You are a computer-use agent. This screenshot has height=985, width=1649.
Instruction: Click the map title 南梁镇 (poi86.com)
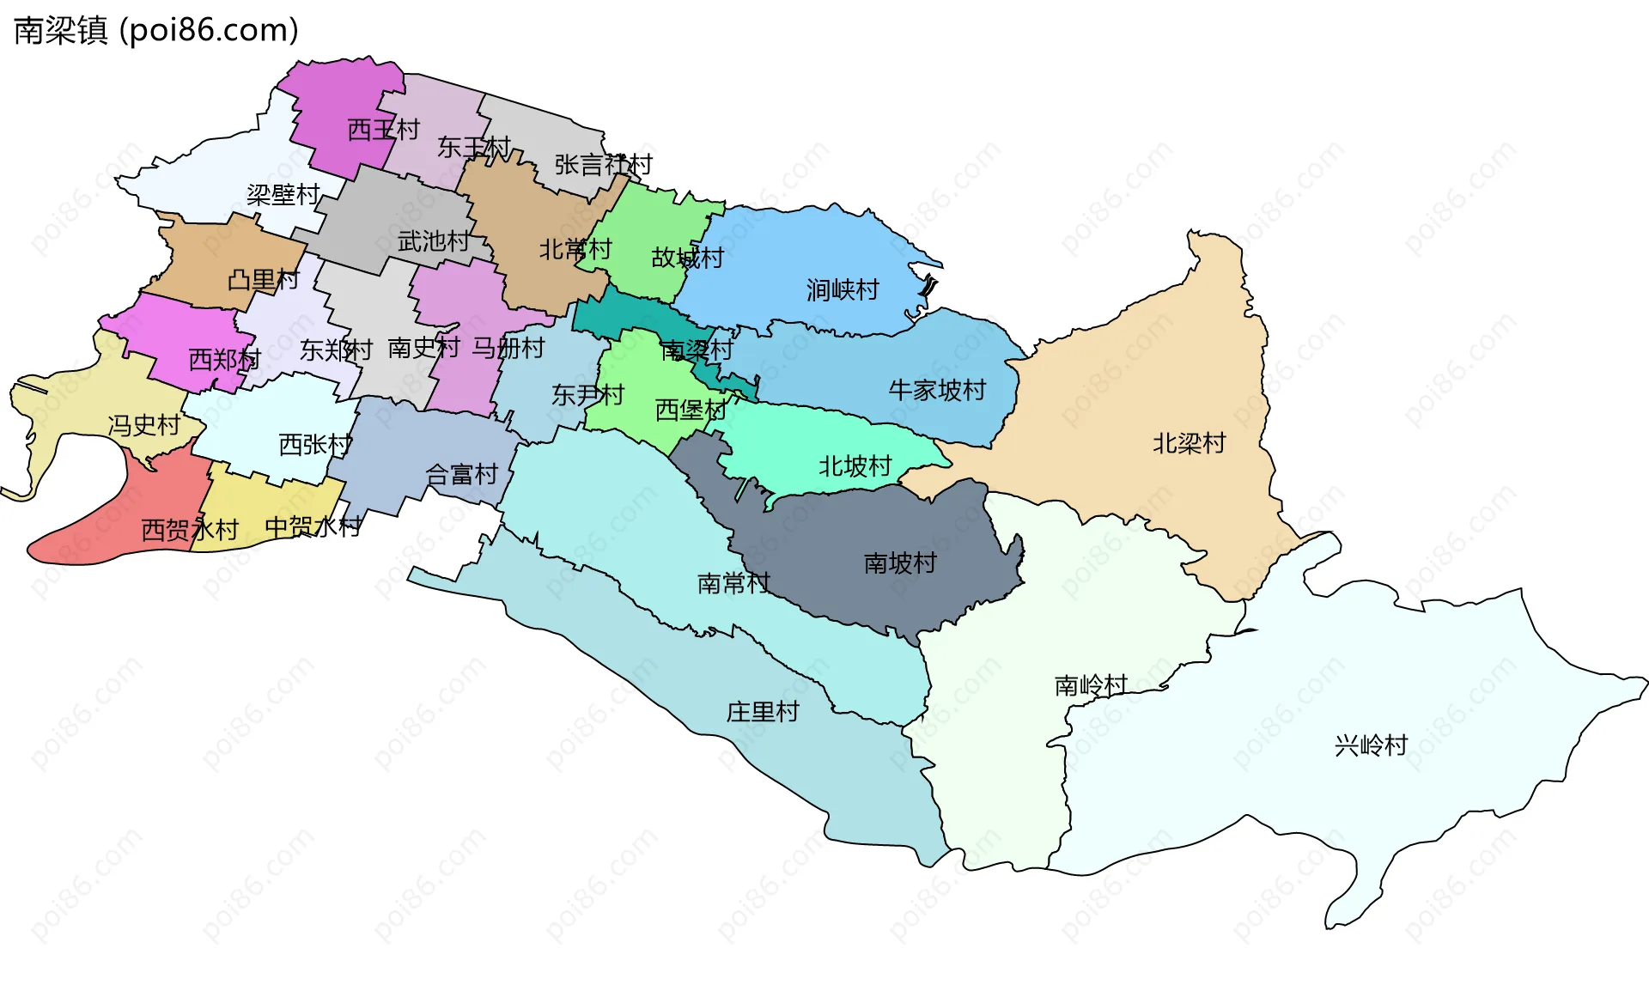[156, 31]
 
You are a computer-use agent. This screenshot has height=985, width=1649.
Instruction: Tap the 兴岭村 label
[1371, 745]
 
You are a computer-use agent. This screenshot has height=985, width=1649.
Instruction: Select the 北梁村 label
[1189, 444]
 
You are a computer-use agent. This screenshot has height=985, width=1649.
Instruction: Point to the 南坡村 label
[899, 563]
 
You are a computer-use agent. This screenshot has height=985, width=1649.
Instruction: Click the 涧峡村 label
[843, 290]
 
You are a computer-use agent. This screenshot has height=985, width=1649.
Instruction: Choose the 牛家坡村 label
[937, 391]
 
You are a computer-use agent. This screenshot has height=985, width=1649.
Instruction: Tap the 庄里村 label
[763, 712]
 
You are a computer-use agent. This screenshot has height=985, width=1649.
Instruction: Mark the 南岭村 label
[1091, 686]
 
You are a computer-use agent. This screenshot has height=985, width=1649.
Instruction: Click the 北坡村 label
[855, 466]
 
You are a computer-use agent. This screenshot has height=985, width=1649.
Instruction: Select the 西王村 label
[383, 130]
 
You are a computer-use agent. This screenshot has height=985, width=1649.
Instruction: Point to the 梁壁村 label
[283, 195]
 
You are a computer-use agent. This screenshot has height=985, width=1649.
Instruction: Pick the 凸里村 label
[263, 280]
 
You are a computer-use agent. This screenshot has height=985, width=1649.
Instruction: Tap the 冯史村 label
[144, 425]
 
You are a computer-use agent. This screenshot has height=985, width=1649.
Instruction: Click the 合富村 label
[461, 474]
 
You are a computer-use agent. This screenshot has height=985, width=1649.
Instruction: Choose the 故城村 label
[687, 258]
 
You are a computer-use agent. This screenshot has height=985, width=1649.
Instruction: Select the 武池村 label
[434, 241]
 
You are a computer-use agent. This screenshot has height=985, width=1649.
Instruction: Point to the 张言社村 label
[603, 164]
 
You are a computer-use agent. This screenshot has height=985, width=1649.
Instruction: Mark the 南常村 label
[733, 584]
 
